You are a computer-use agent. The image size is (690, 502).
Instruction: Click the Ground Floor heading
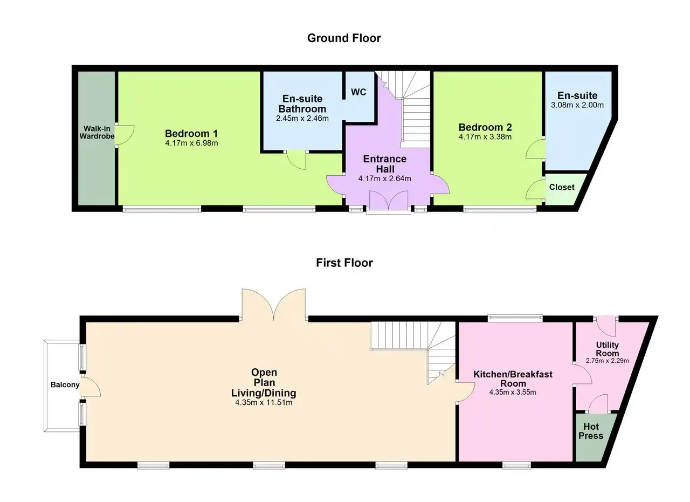point(344,38)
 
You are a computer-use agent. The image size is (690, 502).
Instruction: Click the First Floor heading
point(344,263)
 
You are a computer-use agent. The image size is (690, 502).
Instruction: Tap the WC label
point(358,92)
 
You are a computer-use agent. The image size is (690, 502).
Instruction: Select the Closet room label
point(562,187)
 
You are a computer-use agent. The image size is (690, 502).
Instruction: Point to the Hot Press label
point(591,431)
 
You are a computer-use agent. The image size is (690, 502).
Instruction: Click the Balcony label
point(65,384)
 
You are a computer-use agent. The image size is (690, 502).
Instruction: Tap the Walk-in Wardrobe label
point(97,132)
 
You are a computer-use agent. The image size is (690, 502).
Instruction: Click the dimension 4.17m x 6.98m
point(191,143)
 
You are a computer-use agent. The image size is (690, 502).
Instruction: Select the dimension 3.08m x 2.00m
point(577,105)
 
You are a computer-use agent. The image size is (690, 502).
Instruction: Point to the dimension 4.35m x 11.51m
point(264,402)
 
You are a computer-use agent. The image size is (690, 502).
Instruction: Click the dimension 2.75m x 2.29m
point(607,361)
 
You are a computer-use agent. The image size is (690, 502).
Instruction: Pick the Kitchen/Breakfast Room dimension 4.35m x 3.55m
point(513,393)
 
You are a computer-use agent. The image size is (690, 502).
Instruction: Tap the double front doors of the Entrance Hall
point(389,200)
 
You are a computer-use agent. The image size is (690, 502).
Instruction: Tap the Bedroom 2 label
point(485,127)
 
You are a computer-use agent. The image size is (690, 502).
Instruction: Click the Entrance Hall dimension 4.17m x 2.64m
point(384,178)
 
